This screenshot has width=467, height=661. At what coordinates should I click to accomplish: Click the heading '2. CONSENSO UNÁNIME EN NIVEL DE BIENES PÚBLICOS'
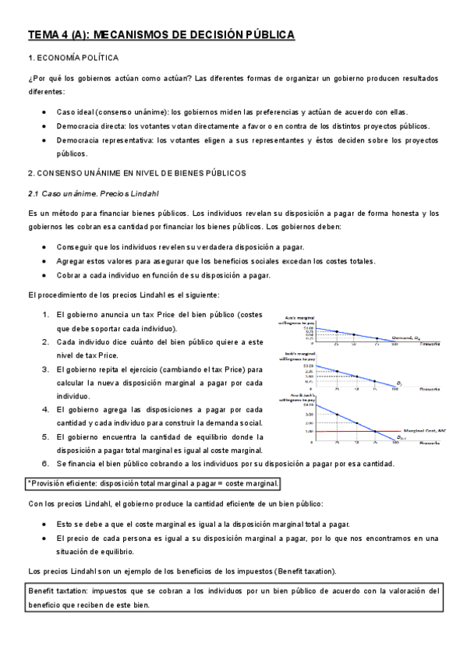coord(136,172)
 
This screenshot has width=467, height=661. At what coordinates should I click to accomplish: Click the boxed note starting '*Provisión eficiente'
coord(153,484)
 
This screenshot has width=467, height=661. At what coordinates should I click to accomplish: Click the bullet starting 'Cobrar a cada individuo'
coord(163,275)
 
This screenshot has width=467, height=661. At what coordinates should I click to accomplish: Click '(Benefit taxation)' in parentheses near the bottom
coord(290,571)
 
